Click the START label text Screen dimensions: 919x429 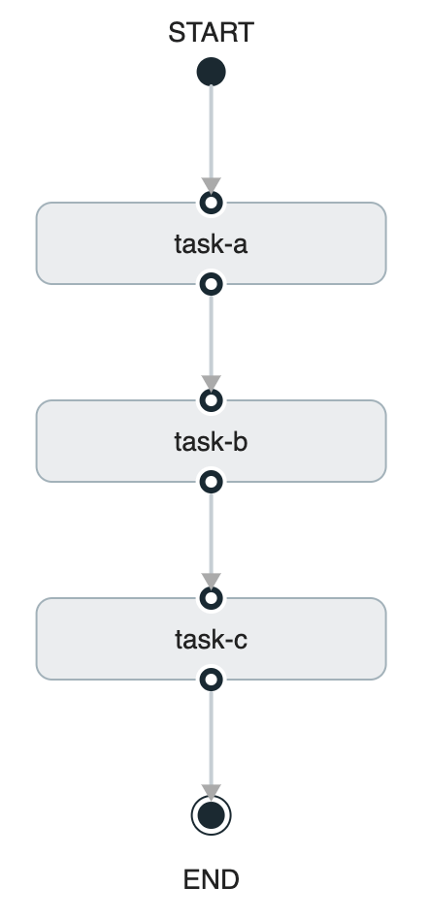pos(211,33)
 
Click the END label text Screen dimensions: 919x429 pos(211,879)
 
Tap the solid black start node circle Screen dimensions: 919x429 pos(211,72)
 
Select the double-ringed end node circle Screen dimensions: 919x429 pos(211,816)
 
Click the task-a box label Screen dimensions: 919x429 pos(211,243)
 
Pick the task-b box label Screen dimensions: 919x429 pos(211,442)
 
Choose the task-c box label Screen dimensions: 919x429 pos(211,640)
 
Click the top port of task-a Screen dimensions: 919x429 pos(211,203)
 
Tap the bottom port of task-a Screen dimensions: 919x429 pos(211,284)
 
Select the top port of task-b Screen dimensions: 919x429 pos(211,400)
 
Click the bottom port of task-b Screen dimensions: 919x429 pos(211,482)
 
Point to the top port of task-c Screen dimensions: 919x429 pos(211,598)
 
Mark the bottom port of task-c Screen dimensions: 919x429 pos(211,680)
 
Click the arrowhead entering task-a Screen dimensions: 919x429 pos(211,185)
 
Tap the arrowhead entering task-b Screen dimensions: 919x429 pos(211,383)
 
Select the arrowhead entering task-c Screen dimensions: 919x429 pos(211,581)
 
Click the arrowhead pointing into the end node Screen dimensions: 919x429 pos(211,791)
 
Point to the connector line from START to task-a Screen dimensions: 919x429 pos(211,131)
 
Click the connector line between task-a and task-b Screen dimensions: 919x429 pos(211,333)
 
